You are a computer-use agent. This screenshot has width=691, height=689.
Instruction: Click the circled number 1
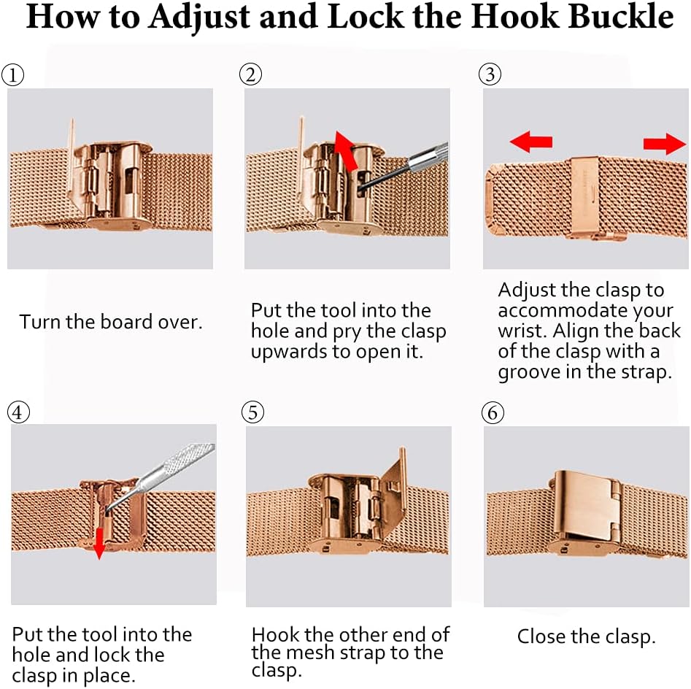click(12, 75)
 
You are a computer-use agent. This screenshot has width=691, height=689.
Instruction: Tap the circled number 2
click(250, 74)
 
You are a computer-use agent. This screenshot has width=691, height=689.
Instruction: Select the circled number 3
click(490, 74)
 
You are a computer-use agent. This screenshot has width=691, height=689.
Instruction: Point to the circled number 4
click(18, 412)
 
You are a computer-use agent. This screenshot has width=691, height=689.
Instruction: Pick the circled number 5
click(252, 412)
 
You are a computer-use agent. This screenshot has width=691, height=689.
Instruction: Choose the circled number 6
click(493, 412)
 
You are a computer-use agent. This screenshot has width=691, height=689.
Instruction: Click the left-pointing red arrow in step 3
click(530, 142)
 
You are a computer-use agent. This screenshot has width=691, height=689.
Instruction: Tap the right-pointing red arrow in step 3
click(665, 144)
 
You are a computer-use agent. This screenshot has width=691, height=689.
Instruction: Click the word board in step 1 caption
click(126, 321)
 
